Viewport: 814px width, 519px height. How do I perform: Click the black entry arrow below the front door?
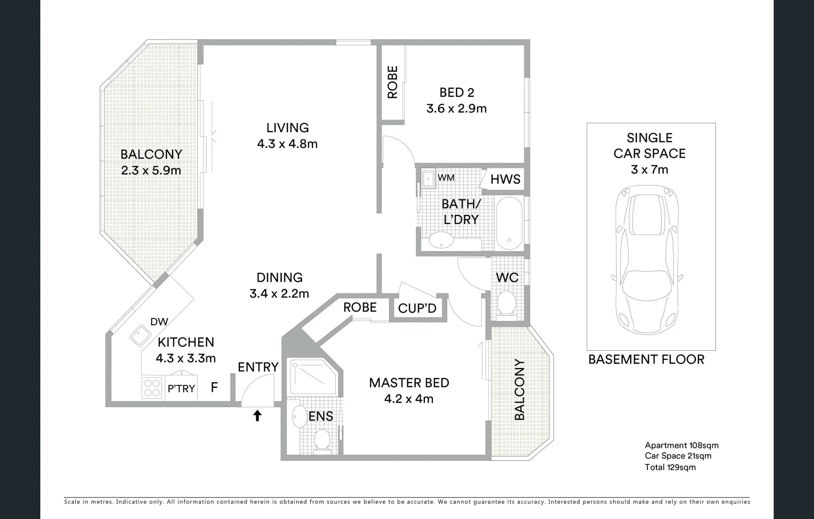(x=257, y=415)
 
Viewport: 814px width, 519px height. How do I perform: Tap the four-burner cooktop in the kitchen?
(x=152, y=388)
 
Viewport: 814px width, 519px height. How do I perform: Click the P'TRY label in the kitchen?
(x=181, y=388)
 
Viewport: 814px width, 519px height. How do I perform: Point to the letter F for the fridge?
(x=214, y=387)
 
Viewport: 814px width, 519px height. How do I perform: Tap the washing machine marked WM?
(x=427, y=178)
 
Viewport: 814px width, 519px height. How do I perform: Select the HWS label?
(x=505, y=179)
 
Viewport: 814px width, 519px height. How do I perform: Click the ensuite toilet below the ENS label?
(x=321, y=440)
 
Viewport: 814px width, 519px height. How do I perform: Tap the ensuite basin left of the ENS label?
(x=300, y=416)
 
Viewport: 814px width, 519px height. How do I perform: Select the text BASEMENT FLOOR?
(x=646, y=359)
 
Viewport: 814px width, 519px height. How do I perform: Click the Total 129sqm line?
(x=670, y=467)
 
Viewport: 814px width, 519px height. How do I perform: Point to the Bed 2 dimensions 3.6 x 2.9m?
(x=456, y=109)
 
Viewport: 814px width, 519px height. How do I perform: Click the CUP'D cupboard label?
(x=417, y=309)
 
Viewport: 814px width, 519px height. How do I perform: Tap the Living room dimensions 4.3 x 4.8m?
(x=287, y=144)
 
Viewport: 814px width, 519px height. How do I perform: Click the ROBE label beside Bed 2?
(x=392, y=82)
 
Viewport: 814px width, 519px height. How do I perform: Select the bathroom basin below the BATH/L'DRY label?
(x=440, y=240)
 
